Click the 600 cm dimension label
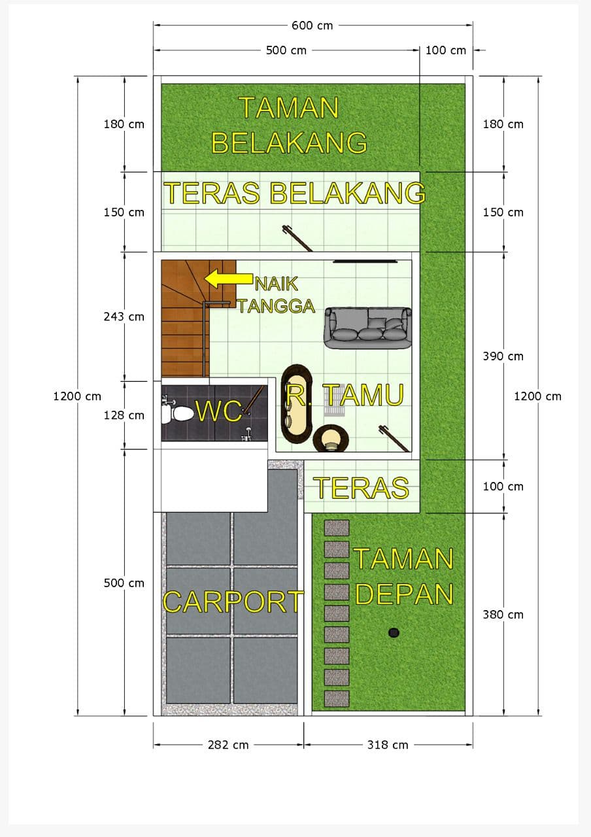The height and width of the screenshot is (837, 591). [x=312, y=26]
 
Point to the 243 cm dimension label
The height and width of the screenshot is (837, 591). [x=124, y=316]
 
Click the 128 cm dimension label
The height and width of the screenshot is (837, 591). [x=124, y=415]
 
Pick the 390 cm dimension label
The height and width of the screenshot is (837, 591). [x=503, y=356]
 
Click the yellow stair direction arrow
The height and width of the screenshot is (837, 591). [x=229, y=279]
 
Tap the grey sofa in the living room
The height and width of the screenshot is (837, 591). [x=367, y=328]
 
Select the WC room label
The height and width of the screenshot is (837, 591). [x=219, y=411]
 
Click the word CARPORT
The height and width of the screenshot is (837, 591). [x=233, y=602]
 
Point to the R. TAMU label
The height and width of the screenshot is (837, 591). [x=345, y=394]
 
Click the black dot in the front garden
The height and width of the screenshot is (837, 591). [x=394, y=632]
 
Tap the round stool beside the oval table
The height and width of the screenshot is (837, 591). [x=331, y=439]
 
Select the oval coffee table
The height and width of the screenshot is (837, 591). [x=297, y=404]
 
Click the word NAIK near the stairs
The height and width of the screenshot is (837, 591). [x=276, y=284]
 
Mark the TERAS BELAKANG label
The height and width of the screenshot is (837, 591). [x=294, y=193]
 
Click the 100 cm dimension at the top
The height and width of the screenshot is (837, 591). [x=446, y=50]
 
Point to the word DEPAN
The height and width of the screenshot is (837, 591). [x=404, y=594]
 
